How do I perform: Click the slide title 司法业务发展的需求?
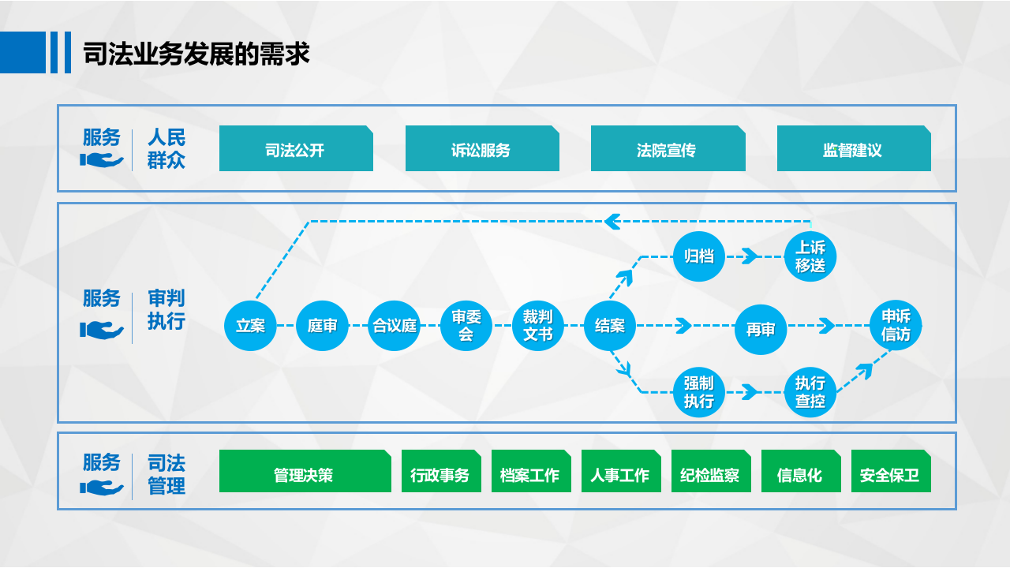pyautogui.click(x=196, y=54)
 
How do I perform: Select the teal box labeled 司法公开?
pyautogui.click(x=295, y=149)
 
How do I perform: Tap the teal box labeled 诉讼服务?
pyautogui.click(x=481, y=149)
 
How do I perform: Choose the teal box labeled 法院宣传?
pyautogui.click(x=668, y=149)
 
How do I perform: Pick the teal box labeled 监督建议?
pyautogui.click(x=853, y=149)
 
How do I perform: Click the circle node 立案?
pyautogui.click(x=251, y=325)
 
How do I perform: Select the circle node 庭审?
pyautogui.click(x=323, y=325)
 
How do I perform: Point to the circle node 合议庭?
pyautogui.click(x=395, y=325)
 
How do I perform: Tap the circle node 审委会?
pyautogui.click(x=466, y=325)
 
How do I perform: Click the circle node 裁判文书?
pyautogui.click(x=538, y=325)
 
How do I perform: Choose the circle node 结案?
pyautogui.click(x=610, y=325)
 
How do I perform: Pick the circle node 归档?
pyautogui.click(x=699, y=256)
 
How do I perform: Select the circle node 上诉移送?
pyautogui.click(x=810, y=256)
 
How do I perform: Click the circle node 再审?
pyautogui.click(x=761, y=329)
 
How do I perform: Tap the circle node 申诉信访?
pyautogui.click(x=896, y=325)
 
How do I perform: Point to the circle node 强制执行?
pyautogui.click(x=699, y=392)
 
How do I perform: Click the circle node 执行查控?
pyautogui.click(x=810, y=392)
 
